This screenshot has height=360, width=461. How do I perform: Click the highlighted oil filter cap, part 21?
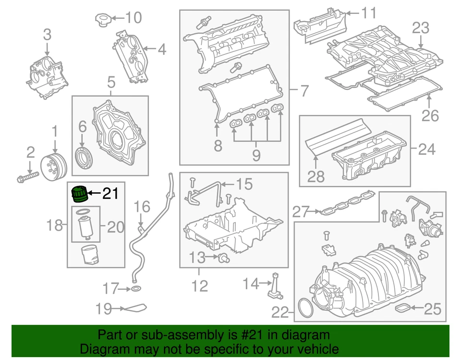click(79, 193)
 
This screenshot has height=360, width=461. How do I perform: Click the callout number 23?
click(421, 28)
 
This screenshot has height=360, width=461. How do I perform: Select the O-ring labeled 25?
click(402, 308)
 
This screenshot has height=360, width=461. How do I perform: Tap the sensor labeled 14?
click(276, 285)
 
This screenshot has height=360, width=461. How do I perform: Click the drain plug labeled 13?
click(223, 259)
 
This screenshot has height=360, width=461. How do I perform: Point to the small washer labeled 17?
click(136, 289)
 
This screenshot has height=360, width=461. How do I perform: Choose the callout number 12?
click(200, 286)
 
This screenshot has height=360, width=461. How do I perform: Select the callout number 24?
click(426, 149)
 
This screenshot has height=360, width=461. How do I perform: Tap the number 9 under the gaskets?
click(256, 155)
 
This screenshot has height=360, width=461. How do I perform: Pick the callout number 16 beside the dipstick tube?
click(142, 207)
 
